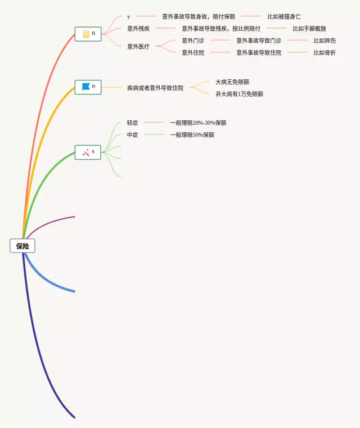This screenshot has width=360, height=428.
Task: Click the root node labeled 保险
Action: click(22, 246)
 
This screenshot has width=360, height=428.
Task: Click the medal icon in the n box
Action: click(85, 34)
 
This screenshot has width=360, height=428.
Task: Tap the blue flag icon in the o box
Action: click(85, 87)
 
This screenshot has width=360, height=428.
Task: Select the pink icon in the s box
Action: click(85, 152)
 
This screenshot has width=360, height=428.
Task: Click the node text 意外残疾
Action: click(138, 28)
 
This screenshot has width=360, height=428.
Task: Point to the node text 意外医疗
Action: click(138, 46)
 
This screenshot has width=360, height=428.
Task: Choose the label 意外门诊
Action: click(193, 40)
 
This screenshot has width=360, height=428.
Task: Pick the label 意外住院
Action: click(193, 52)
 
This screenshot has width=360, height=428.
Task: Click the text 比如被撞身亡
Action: click(284, 17)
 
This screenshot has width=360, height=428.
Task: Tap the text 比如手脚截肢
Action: click(309, 28)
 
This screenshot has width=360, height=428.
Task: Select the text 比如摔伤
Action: click(325, 40)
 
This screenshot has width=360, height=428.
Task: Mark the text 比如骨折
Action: click(325, 52)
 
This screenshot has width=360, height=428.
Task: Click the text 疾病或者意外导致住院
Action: click(155, 88)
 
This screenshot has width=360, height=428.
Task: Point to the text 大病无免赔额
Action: click(232, 82)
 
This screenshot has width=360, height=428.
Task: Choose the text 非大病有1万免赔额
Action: click(239, 94)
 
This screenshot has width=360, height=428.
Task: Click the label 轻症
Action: click(133, 123)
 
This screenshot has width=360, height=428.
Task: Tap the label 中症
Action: click(133, 135)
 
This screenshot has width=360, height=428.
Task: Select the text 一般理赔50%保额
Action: click(192, 135)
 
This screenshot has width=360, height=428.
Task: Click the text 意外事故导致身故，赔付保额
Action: click(199, 17)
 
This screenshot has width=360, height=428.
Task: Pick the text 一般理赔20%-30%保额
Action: click(198, 123)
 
